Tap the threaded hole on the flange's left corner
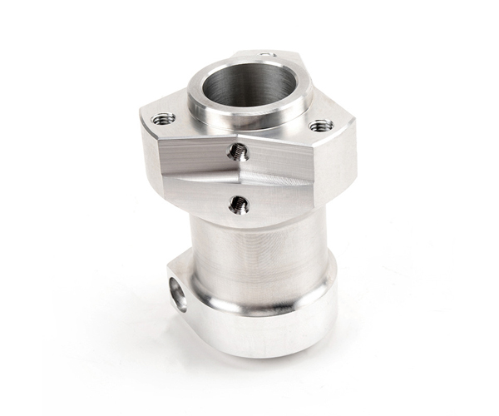164,119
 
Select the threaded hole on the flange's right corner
321,126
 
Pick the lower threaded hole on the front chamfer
239,203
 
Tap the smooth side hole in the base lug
178,294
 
